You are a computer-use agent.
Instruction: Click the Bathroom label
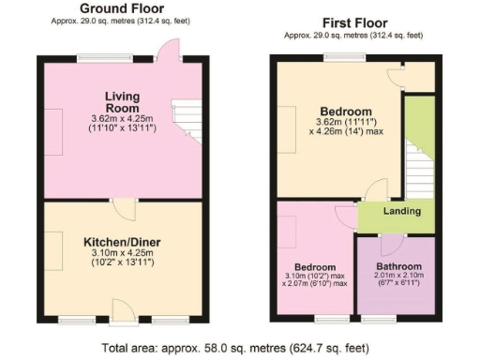(x=393, y=266)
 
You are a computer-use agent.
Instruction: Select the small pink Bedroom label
(x=315, y=265)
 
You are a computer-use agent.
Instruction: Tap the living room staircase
(x=188, y=122)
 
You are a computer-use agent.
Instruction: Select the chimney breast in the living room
(x=55, y=131)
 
